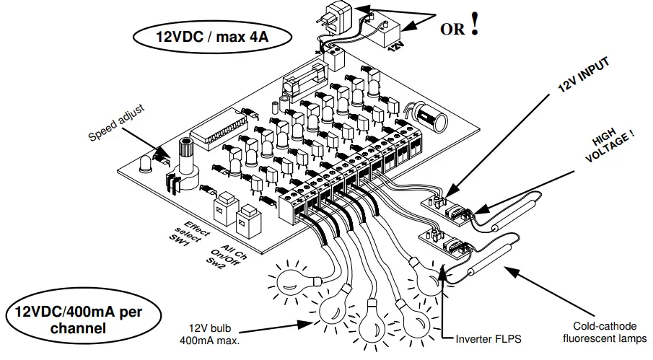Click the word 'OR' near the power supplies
pyautogui.click(x=452, y=29)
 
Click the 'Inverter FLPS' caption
pyautogui.click(x=487, y=337)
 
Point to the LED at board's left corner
pyautogui.click(x=147, y=164)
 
